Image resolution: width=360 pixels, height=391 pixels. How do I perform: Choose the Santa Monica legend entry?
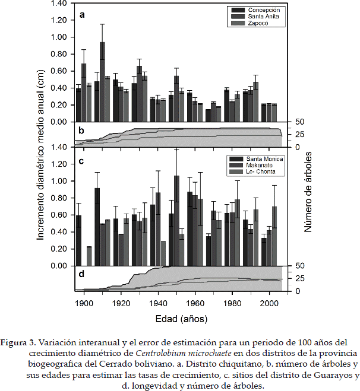click(x=265, y=159)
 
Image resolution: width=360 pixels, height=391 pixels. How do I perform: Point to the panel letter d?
click(x=81, y=275)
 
